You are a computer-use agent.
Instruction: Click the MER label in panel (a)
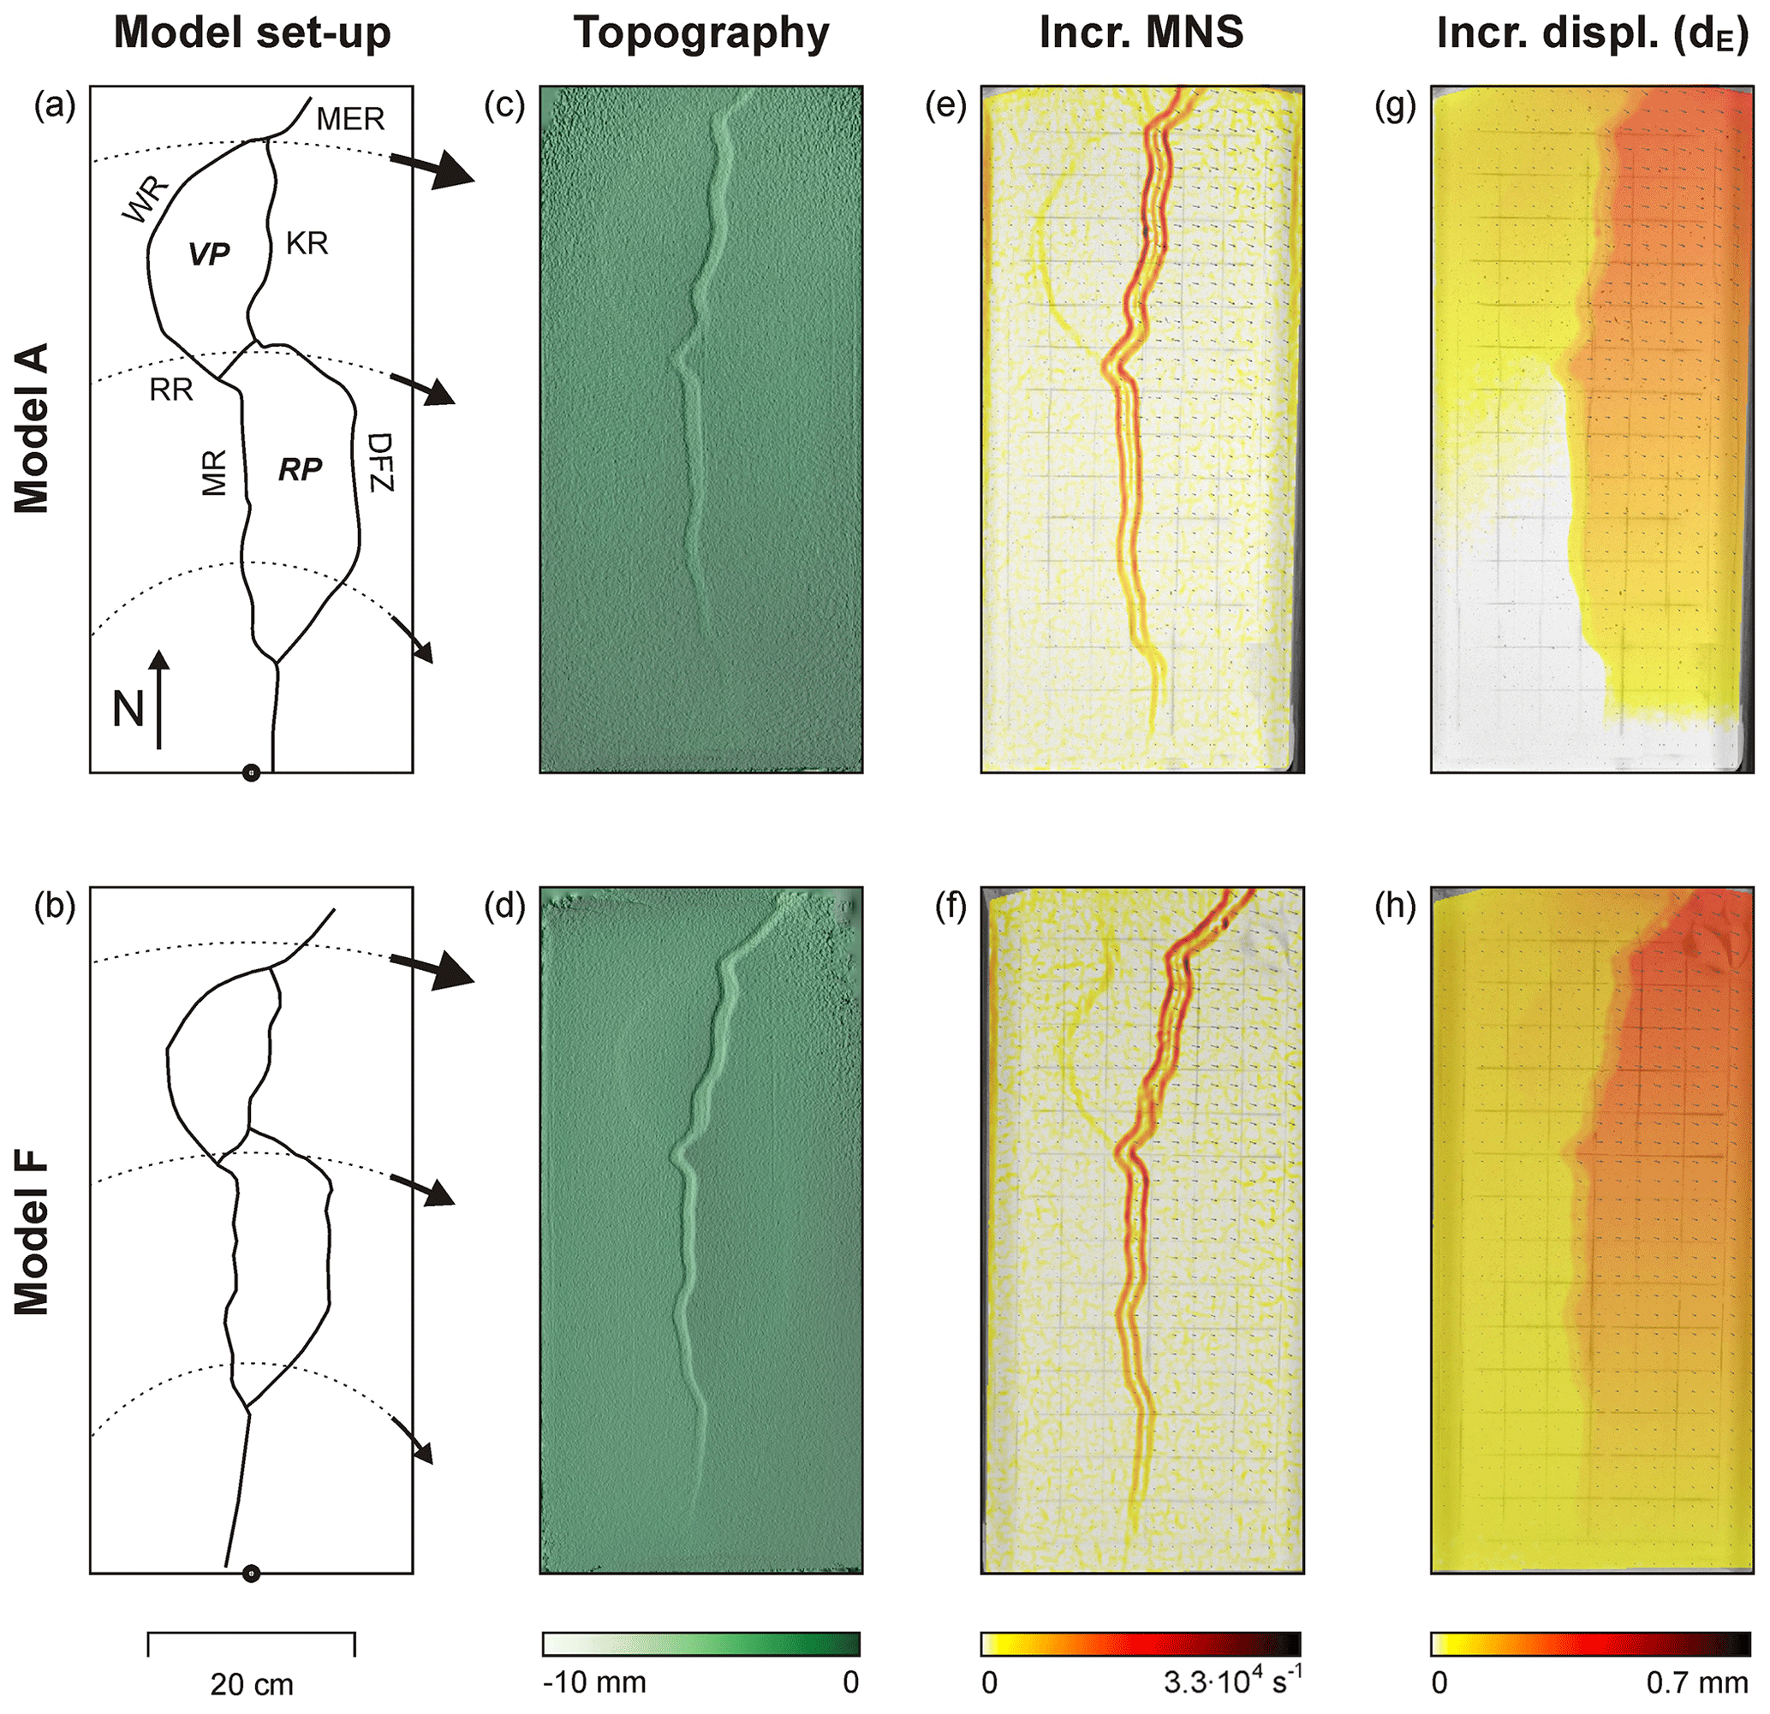[x=350, y=118]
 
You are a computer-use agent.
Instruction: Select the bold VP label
[x=209, y=254]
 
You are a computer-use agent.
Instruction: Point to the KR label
[x=307, y=243]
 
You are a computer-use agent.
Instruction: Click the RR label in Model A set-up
[x=171, y=390]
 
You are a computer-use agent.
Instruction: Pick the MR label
[x=214, y=472]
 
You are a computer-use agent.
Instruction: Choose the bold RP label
[x=300, y=469]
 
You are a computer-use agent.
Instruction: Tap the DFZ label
[x=382, y=461]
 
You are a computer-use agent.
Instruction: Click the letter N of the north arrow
[x=128, y=709]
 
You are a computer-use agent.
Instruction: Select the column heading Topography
[x=701, y=33]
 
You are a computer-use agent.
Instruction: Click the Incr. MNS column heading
[x=1141, y=33]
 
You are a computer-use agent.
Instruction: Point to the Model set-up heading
[x=252, y=33]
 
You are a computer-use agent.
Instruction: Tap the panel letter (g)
[x=1395, y=105]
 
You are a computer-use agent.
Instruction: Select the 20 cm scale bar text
[x=252, y=1685]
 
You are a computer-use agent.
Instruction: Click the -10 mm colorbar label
[x=594, y=1682]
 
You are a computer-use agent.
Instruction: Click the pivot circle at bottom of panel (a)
[x=252, y=773]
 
